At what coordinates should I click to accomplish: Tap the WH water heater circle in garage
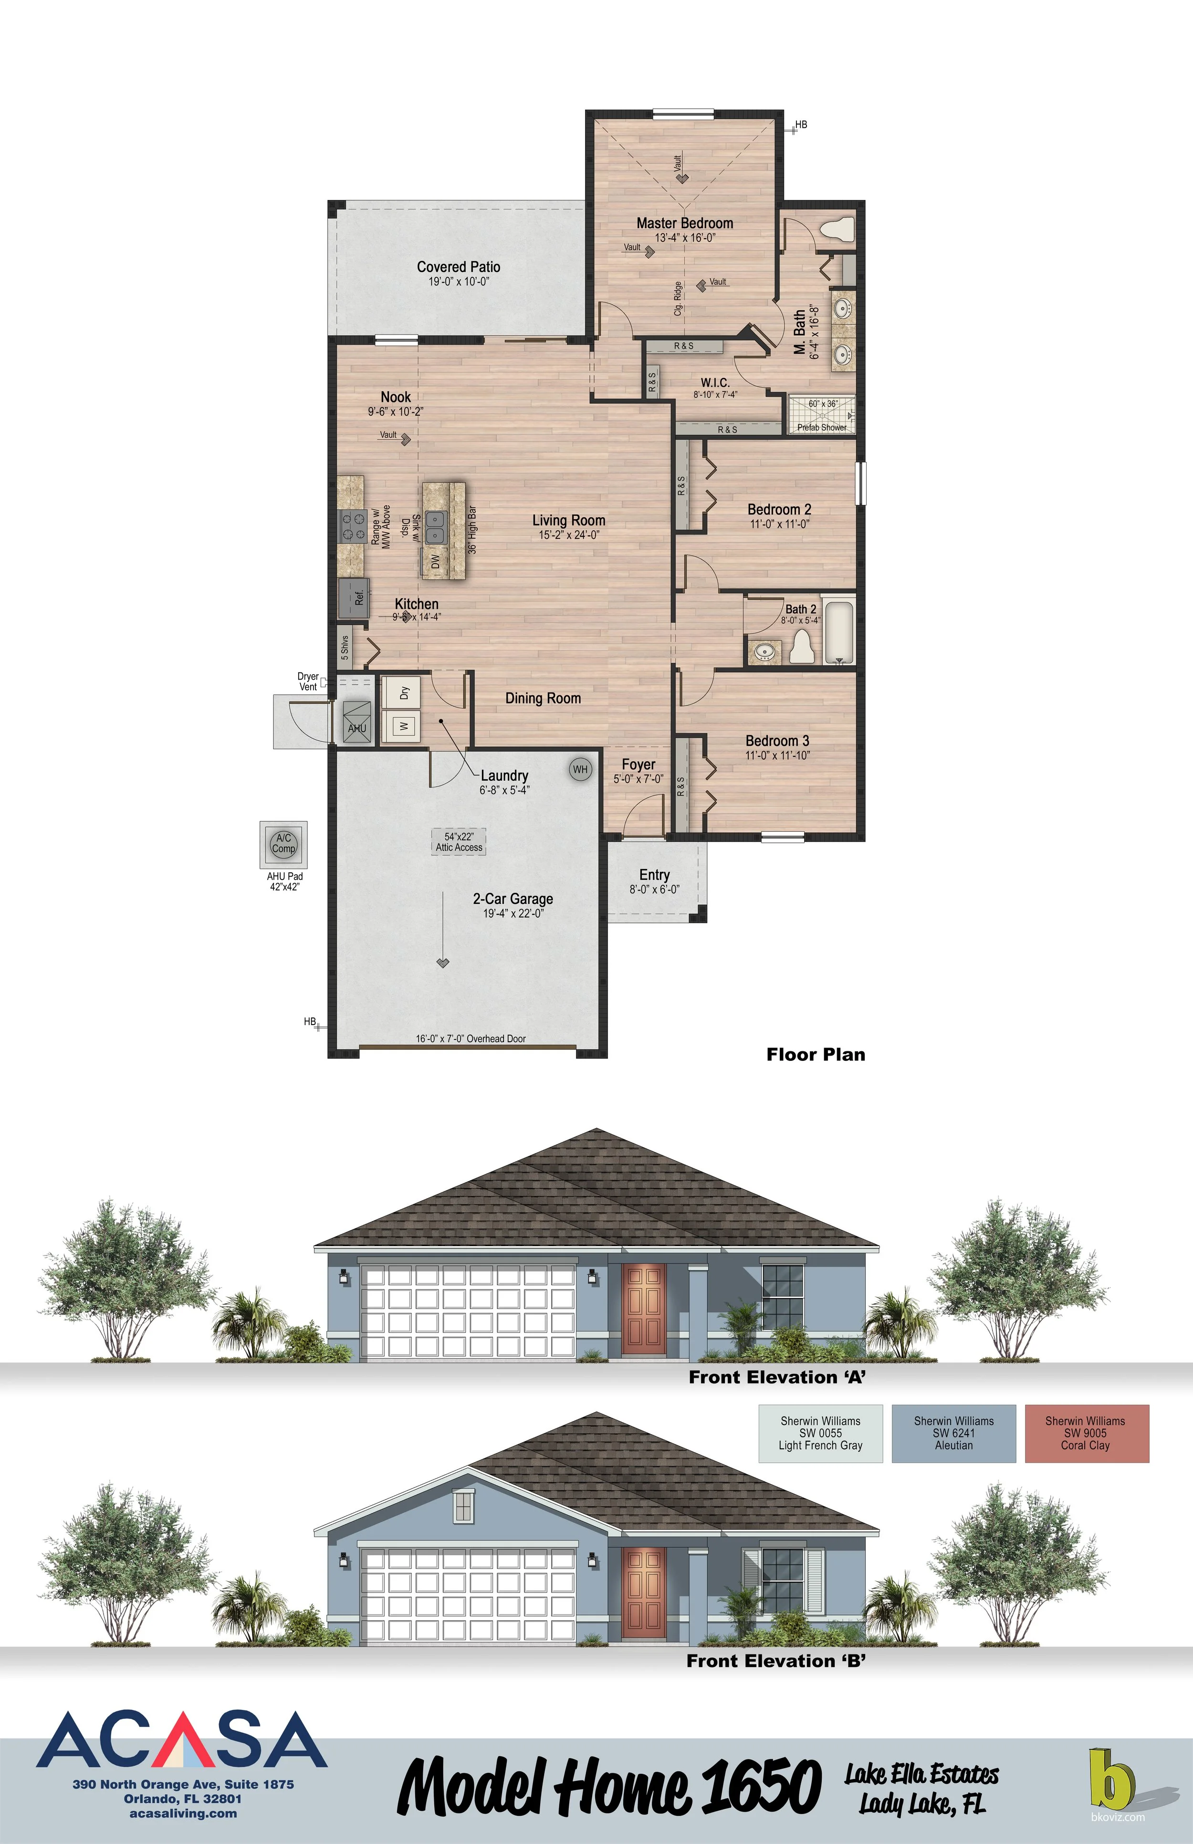pyautogui.click(x=580, y=769)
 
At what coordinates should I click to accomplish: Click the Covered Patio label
pyautogui.click(x=459, y=266)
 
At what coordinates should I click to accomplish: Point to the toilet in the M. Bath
pyautogui.click(x=837, y=230)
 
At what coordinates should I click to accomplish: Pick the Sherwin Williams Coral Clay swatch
pyautogui.click(x=1086, y=1434)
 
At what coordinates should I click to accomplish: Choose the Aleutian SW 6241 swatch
pyautogui.click(x=953, y=1434)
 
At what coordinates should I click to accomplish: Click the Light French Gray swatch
pyautogui.click(x=820, y=1434)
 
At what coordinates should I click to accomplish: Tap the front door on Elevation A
pyautogui.click(x=644, y=1309)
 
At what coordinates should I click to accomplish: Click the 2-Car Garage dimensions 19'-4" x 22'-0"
pyautogui.click(x=513, y=913)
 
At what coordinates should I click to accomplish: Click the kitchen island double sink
pyautogui.click(x=435, y=527)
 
